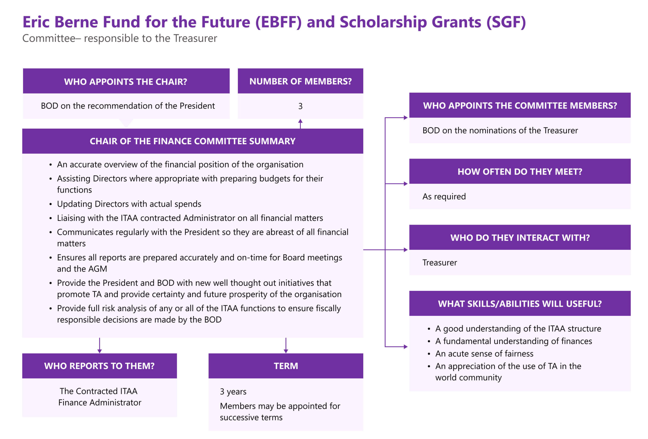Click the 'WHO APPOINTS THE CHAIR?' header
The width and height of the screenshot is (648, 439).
click(x=126, y=82)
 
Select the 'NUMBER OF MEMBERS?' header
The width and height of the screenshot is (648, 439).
click(x=300, y=81)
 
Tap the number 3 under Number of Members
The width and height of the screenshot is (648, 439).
click(x=300, y=106)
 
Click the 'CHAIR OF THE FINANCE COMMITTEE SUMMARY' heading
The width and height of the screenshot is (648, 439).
click(x=192, y=141)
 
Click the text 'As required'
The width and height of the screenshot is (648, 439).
click(x=444, y=197)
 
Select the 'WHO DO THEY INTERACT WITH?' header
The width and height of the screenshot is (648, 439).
click(x=520, y=238)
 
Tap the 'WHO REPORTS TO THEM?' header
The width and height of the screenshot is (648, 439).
click(x=99, y=366)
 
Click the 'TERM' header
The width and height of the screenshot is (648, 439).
click(x=286, y=366)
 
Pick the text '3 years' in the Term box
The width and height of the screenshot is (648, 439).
click(x=233, y=392)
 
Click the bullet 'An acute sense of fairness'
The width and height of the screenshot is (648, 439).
click(x=484, y=354)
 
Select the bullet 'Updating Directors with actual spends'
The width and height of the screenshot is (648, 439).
click(x=129, y=204)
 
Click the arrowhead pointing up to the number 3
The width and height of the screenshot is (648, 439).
click(x=300, y=121)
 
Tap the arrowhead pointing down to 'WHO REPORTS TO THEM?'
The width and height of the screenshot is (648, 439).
click(x=99, y=351)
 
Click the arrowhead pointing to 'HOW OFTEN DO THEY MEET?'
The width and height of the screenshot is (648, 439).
click(x=406, y=184)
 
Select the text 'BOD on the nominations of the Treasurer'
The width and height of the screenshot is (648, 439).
click(x=500, y=130)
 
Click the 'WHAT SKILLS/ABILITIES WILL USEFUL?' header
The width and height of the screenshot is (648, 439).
click(x=520, y=304)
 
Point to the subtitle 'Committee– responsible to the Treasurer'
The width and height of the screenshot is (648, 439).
click(x=120, y=38)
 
